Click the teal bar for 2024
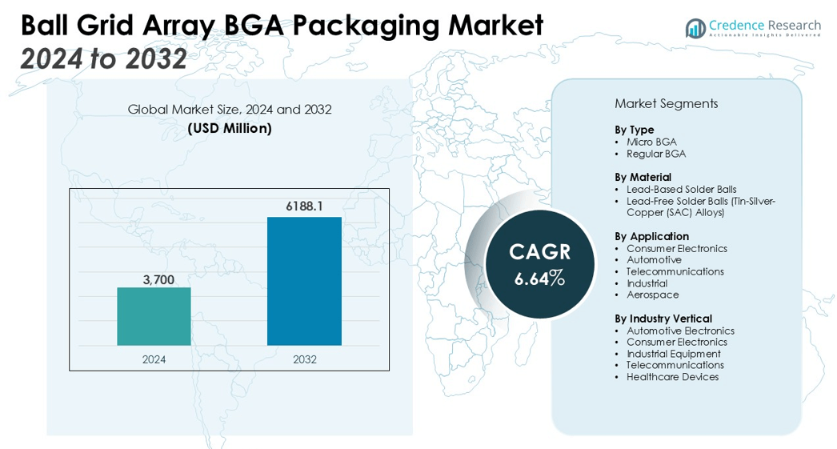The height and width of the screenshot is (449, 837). tap(154, 316)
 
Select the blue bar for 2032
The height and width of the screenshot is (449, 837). tap(304, 281)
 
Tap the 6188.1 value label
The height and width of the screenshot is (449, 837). tap(304, 206)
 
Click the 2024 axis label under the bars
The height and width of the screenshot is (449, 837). tap(154, 359)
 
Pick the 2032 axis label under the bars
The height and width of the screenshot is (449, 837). tap(304, 359)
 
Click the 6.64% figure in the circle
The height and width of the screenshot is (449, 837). tap(539, 279)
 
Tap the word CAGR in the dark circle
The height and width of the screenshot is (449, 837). tap(540, 251)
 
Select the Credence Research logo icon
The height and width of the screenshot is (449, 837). tap(695, 29)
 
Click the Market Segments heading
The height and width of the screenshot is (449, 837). tap(666, 103)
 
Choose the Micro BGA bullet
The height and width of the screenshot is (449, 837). tap(651, 142)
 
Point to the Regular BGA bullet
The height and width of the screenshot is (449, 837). tap(656, 154)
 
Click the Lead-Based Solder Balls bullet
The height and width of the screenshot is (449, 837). tap(681, 189)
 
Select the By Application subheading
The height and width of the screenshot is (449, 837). tap(651, 236)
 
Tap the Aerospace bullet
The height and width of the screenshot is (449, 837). tap(652, 295)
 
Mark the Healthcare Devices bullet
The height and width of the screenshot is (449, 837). tap(672, 377)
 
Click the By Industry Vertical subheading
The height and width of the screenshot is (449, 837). tap(663, 319)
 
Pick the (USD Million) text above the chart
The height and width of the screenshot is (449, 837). tap(230, 128)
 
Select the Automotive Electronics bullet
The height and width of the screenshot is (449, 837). tap(680, 331)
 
